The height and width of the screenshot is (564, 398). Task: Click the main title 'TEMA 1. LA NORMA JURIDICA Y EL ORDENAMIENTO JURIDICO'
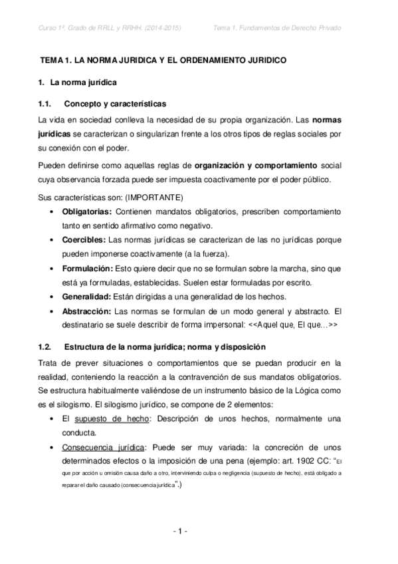(163, 60)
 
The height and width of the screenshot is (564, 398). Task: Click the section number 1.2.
(45, 347)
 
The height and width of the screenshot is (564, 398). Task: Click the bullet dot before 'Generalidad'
(52, 297)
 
